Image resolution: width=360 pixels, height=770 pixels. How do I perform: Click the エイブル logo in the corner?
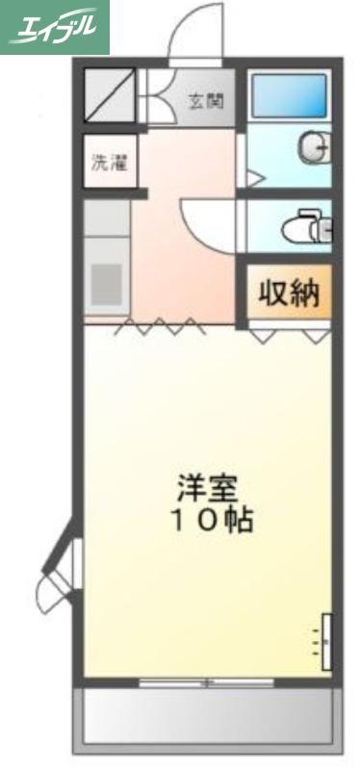(54, 27)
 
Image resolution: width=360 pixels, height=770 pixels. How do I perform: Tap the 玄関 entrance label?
(206, 101)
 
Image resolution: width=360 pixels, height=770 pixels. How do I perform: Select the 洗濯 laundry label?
(110, 163)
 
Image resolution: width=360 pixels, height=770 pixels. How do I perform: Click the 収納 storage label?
(290, 295)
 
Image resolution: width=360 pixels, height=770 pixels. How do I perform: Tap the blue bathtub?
(289, 96)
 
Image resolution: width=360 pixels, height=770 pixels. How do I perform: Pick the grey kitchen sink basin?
(106, 285)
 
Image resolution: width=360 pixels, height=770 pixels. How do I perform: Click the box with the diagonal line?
(109, 94)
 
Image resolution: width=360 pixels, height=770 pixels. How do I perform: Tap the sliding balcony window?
(206, 682)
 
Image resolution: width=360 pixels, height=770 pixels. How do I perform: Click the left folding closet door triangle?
(263, 335)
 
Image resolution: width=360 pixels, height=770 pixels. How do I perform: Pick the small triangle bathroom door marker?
(255, 179)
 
